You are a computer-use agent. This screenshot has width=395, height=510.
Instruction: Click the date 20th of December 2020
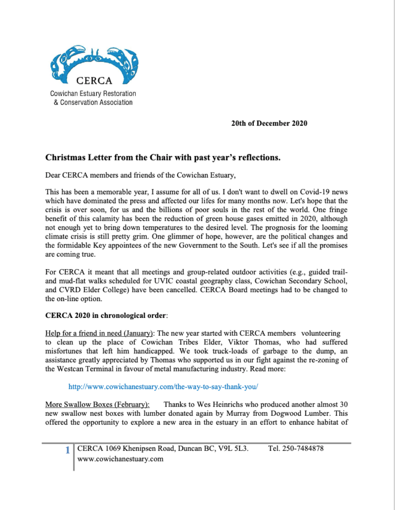[x=269, y=124]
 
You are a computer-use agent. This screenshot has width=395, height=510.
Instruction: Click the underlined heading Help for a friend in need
[x=98, y=333]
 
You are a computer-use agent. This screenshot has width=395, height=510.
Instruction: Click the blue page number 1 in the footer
[x=68, y=451]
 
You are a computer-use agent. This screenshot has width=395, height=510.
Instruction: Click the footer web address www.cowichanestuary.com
[x=120, y=458]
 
